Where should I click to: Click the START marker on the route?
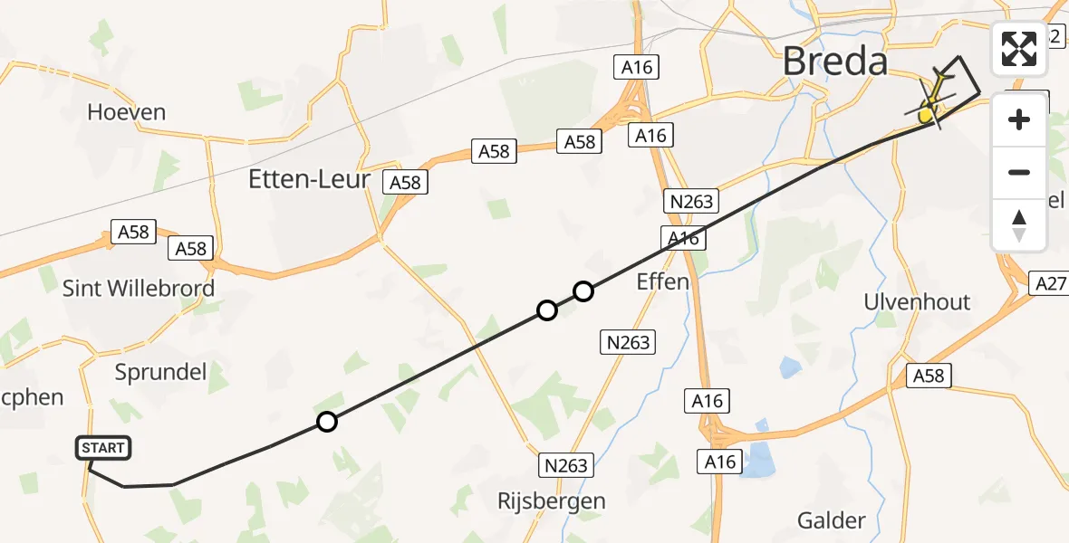(x=103, y=448)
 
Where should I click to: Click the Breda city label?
(x=834, y=62)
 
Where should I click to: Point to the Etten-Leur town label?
(x=309, y=179)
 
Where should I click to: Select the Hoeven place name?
(x=127, y=112)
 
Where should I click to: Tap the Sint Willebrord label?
(x=139, y=289)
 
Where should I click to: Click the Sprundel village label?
(x=161, y=371)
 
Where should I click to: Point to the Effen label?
(x=662, y=281)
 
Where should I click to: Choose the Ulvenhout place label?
(x=917, y=302)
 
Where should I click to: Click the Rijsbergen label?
(x=552, y=500)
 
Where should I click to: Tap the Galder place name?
(x=831, y=520)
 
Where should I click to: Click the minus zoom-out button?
(x=1019, y=172)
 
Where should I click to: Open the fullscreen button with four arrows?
(x=1019, y=49)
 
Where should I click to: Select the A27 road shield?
(x=1050, y=284)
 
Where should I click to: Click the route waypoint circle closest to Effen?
(x=583, y=291)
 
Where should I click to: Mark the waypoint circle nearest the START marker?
(x=327, y=422)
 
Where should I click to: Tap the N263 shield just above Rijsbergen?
(x=566, y=465)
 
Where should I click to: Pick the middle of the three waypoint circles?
(x=547, y=310)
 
